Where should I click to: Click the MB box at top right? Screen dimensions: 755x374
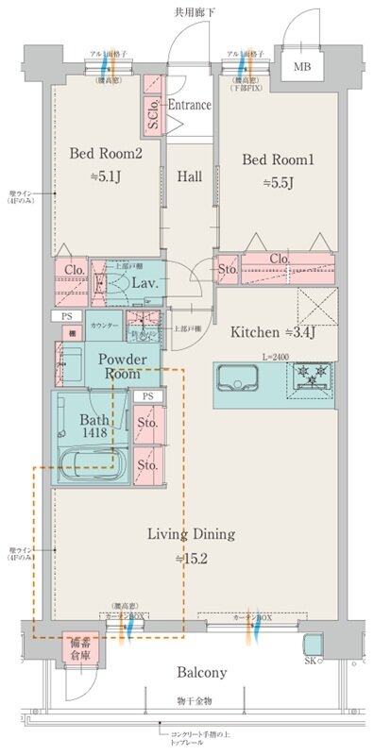pyautogui.click(x=301, y=67)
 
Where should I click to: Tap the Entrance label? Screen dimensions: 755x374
pyautogui.click(x=189, y=105)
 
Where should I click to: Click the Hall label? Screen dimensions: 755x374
pyautogui.click(x=189, y=176)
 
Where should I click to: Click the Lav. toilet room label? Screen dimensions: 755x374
pyautogui.click(x=144, y=282)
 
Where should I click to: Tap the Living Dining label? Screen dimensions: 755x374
pyautogui.click(x=190, y=535)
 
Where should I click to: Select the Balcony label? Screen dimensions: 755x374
pyautogui.click(x=199, y=673)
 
